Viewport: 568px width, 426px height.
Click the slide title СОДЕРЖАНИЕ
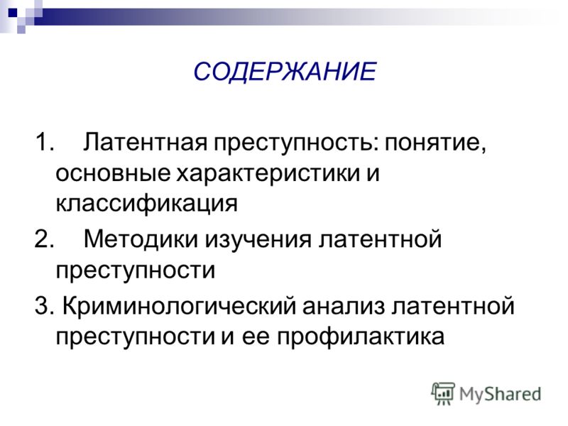[x=285, y=71]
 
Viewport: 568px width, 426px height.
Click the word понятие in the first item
[x=435, y=143]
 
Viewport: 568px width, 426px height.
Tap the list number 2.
[x=44, y=239]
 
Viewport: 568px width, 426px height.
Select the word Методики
[x=141, y=239]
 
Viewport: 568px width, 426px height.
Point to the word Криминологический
[x=180, y=307]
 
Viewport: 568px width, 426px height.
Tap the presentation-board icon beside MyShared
[x=443, y=393]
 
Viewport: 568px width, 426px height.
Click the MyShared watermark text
[x=500, y=395]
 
